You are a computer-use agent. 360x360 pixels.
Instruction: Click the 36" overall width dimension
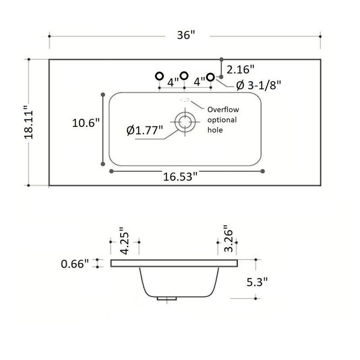[185, 35]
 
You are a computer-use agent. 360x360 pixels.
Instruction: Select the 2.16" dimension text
[240, 69]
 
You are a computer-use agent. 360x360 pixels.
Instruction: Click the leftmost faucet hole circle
[158, 76]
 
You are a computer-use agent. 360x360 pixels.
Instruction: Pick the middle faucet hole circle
[184, 76]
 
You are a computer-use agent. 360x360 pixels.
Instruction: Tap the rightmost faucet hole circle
[210, 77]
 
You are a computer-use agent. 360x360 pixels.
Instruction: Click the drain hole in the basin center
[184, 121]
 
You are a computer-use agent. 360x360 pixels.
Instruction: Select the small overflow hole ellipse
[184, 100]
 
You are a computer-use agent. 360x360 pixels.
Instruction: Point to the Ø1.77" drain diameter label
[145, 130]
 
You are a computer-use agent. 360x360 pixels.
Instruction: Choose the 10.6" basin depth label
[85, 123]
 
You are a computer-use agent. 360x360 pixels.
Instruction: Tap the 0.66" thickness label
[75, 264]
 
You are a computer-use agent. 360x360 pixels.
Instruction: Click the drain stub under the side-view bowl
[166, 298]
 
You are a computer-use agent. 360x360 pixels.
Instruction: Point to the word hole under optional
[215, 130]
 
